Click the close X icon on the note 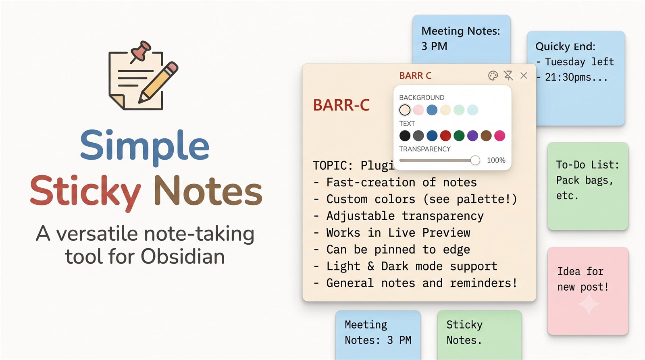(524, 75)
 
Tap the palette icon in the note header (493, 75)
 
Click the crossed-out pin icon (508, 75)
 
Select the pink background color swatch (418, 110)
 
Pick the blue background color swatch (432, 110)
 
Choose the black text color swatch (405, 135)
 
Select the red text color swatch (445, 135)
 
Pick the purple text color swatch (472, 135)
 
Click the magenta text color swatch (499, 135)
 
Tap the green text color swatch (459, 135)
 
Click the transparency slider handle (475, 160)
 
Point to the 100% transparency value (496, 160)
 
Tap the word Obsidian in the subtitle (183, 256)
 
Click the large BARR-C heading (341, 105)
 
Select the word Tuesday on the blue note (565, 62)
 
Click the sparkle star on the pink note (589, 304)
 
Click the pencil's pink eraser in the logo (173, 67)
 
